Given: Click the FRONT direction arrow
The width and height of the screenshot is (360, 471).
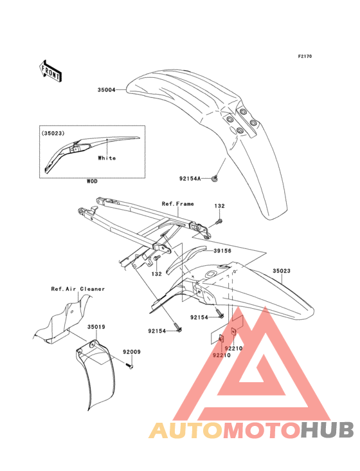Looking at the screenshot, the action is point(51,71).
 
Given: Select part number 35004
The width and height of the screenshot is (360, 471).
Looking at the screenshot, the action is point(107,90).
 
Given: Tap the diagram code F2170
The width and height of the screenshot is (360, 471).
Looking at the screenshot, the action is point(305,56).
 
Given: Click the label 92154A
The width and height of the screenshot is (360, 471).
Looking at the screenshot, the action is point(190,178).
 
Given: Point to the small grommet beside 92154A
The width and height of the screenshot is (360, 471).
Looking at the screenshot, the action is point(215,179).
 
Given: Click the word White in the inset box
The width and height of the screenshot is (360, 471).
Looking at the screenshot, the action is point(107,158).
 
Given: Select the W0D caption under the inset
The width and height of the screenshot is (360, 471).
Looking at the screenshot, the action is point(92,181).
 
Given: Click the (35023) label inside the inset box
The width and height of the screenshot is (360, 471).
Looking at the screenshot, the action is point(53,133).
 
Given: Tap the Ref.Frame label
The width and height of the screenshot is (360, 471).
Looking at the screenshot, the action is point(178,204).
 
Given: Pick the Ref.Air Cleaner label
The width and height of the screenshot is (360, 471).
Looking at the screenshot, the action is point(78,289).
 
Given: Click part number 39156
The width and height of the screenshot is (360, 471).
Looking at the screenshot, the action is point(222,250).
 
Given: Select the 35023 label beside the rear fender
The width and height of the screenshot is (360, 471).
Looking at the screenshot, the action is point(282,271).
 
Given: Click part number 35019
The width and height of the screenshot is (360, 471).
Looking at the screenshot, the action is point(96,327).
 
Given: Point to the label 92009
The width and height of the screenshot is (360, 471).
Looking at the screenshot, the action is point(132,352).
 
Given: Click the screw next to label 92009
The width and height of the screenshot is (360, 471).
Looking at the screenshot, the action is point(130,366).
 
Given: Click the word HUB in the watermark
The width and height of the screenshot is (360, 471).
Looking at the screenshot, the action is point(328,430).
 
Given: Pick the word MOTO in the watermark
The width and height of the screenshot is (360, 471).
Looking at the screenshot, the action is point(262,430).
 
